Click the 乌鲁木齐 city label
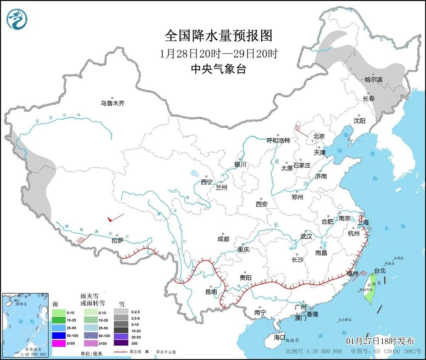(112, 103)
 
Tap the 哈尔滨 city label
(373, 79)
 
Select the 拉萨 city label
(118, 241)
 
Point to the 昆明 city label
(211, 292)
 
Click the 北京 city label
(319, 136)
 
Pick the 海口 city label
(280, 337)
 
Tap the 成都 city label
(223, 239)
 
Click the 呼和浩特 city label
(278, 141)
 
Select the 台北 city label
(380, 271)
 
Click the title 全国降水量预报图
(218, 36)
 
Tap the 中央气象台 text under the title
(218, 69)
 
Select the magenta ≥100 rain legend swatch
(59, 343)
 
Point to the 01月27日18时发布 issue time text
(380, 341)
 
